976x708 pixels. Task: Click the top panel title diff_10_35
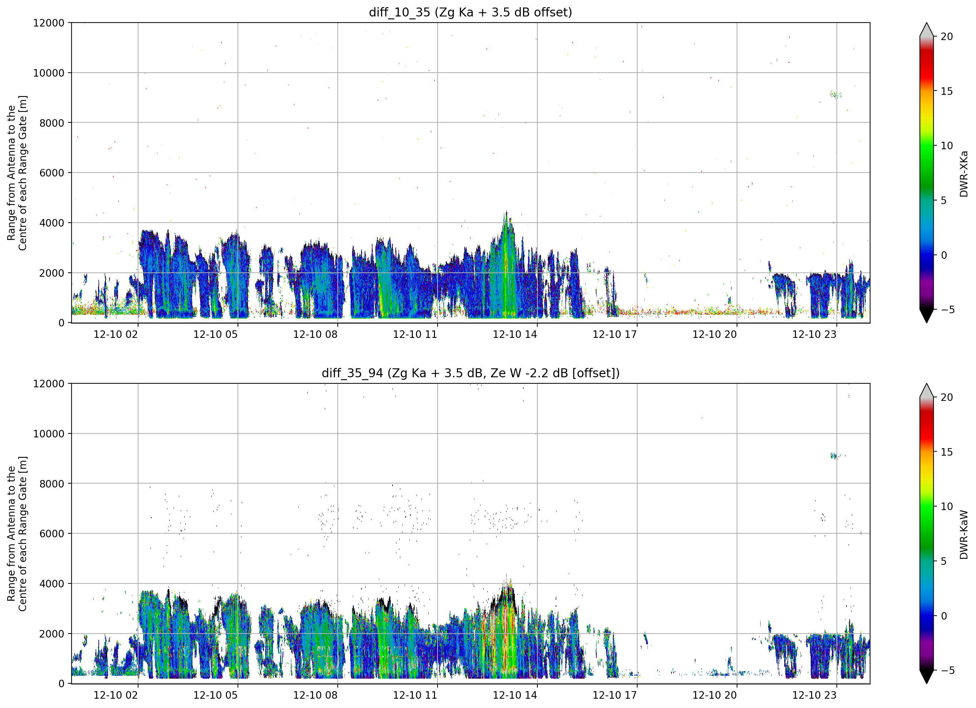399,13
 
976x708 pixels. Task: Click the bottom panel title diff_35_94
352,373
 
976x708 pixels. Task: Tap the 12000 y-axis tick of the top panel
49,23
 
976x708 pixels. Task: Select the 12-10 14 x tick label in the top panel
515,334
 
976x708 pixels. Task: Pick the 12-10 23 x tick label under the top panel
814,334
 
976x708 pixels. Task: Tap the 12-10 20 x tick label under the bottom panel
714,695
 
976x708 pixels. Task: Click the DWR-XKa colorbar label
963,174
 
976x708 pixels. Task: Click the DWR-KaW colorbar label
963,534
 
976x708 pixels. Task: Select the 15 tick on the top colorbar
946,91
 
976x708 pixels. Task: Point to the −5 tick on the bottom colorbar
945,670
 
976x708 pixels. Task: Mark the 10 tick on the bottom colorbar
946,506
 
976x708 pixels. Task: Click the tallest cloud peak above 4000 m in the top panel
507,212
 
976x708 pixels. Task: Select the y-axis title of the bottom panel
17,534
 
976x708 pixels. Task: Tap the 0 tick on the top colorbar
944,255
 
